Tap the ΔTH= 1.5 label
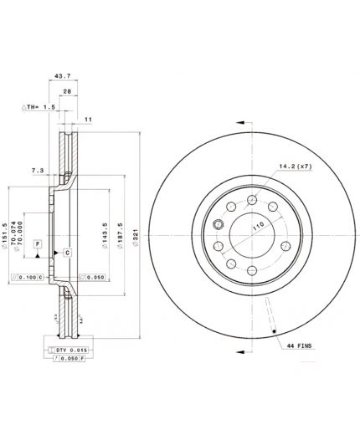[37, 108]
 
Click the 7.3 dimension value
[37, 170]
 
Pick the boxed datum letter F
[37, 244]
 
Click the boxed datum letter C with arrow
[65, 252]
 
